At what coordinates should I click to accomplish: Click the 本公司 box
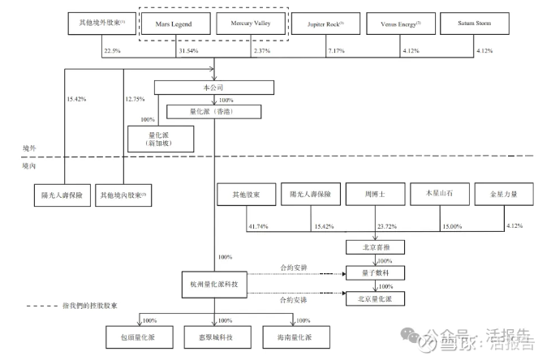tap(213, 87)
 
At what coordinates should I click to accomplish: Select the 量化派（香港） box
tap(213, 113)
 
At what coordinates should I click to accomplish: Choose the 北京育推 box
tap(374, 246)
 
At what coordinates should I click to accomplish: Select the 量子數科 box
tap(374, 273)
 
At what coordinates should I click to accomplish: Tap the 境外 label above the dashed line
tap(30, 150)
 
